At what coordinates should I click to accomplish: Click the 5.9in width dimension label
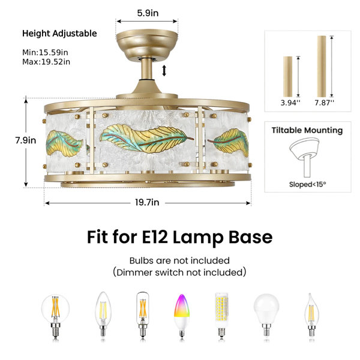pyautogui.click(x=148, y=13)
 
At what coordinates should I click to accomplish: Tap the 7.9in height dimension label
pyautogui.click(x=26, y=140)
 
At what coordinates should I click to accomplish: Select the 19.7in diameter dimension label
pyautogui.click(x=147, y=203)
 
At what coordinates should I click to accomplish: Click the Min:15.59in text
pyautogui.click(x=45, y=52)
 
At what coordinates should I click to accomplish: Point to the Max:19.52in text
pyautogui.click(x=46, y=62)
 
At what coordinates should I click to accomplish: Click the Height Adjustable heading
pyautogui.click(x=59, y=34)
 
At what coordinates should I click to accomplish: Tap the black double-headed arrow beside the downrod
pyautogui.click(x=164, y=70)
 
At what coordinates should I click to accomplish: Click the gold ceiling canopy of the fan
pyautogui.click(x=147, y=45)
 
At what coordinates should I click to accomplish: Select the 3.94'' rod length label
pyautogui.click(x=290, y=103)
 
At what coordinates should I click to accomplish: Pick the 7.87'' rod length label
pyautogui.click(x=325, y=103)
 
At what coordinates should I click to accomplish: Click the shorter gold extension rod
pyautogui.click(x=287, y=77)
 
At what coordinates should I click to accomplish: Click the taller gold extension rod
pyautogui.click(x=322, y=67)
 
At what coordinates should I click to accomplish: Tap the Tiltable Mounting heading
pyautogui.click(x=307, y=130)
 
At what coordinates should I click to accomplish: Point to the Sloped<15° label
pyautogui.click(x=307, y=184)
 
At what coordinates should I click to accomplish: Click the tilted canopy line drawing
pyautogui.click(x=304, y=157)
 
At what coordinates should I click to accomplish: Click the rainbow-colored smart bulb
pyautogui.click(x=182, y=315)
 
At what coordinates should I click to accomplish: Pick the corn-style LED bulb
pyautogui.click(x=221, y=314)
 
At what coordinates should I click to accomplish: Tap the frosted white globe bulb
pyautogui.click(x=266, y=315)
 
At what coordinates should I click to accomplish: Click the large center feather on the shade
pyautogui.click(x=146, y=139)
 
